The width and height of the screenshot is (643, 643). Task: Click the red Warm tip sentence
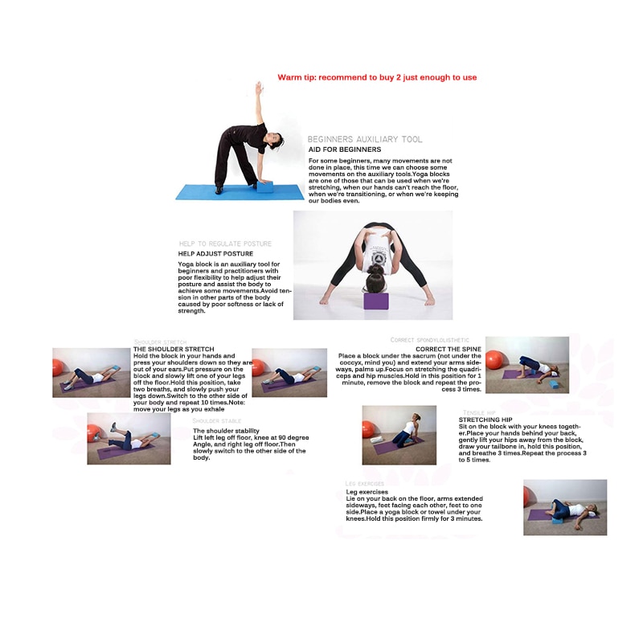[x=377, y=77]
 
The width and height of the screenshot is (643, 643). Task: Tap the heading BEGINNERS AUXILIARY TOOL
[x=365, y=139]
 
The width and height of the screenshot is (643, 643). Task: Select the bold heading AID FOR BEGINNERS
[x=345, y=149]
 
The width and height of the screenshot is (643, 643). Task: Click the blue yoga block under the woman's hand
[x=265, y=186]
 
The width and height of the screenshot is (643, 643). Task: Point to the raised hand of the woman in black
[x=258, y=84]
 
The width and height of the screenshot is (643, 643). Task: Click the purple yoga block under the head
[x=375, y=301]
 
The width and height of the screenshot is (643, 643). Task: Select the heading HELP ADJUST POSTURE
[x=215, y=254]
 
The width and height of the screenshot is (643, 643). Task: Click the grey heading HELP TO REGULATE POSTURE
[x=225, y=244]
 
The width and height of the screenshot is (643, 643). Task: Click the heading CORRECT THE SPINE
[x=448, y=349]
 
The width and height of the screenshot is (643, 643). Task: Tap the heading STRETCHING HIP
[x=485, y=420]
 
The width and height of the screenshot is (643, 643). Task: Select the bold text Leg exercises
[x=367, y=492]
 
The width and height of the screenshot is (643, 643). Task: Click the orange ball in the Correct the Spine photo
[x=494, y=359]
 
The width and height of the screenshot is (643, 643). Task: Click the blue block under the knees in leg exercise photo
[x=557, y=521]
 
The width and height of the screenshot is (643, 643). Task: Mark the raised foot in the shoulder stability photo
[x=115, y=427]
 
